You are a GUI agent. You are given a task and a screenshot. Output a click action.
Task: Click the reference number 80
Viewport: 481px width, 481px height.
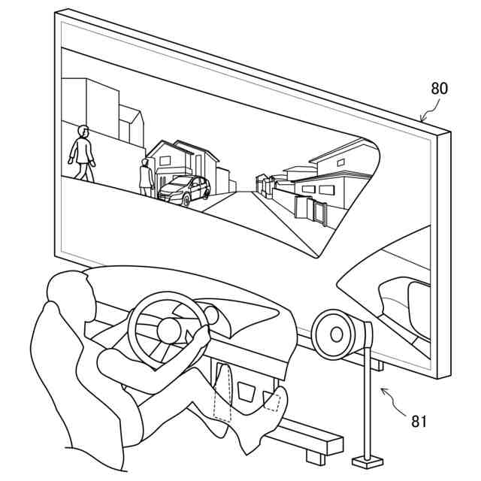click(439, 88)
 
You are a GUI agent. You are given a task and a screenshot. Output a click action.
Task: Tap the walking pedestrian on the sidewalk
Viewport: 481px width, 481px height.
click(82, 153)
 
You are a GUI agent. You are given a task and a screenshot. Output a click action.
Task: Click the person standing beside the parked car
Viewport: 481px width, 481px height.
click(146, 177)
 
